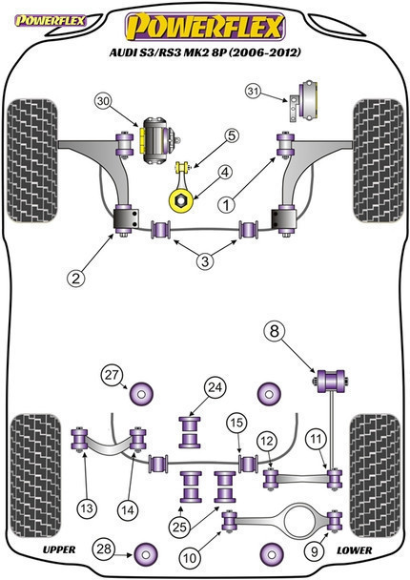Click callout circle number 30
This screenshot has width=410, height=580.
click(104, 101)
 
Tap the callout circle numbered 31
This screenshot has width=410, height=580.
click(254, 91)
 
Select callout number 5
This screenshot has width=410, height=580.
click(232, 136)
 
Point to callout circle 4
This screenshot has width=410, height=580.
click(225, 172)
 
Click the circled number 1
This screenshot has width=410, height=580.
click(226, 204)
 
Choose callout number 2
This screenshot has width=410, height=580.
click(75, 278)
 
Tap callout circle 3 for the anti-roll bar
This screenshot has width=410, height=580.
click(205, 261)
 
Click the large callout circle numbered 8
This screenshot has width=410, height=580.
click(275, 331)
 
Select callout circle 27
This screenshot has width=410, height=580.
click(112, 375)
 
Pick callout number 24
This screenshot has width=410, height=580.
click(215, 387)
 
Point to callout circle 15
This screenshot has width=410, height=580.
click(236, 423)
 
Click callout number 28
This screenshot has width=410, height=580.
click(103, 549)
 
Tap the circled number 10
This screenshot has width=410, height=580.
click(190, 557)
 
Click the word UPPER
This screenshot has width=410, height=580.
click(59, 549)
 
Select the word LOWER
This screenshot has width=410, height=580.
click(354, 550)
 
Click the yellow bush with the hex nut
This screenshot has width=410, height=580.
click(181, 200)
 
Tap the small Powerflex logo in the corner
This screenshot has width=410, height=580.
click(50, 21)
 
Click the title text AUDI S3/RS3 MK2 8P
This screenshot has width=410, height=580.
click(168, 52)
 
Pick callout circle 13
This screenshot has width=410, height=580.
click(87, 508)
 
